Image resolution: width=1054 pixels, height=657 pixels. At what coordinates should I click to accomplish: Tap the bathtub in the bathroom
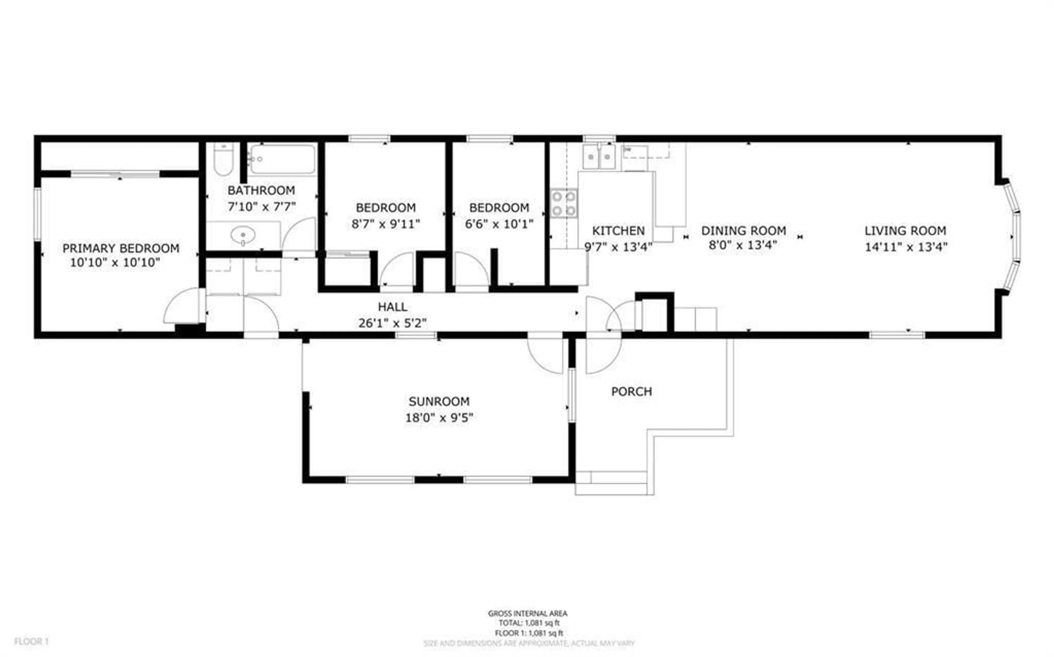point(283,160)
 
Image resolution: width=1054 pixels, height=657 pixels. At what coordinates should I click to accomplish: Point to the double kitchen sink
point(599,156)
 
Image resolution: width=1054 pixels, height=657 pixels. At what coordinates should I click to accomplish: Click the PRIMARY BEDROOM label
point(121,248)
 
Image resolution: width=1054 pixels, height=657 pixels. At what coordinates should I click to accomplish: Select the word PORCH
point(632,392)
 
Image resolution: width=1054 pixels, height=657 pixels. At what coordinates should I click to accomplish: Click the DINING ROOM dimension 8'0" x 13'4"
point(743,245)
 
